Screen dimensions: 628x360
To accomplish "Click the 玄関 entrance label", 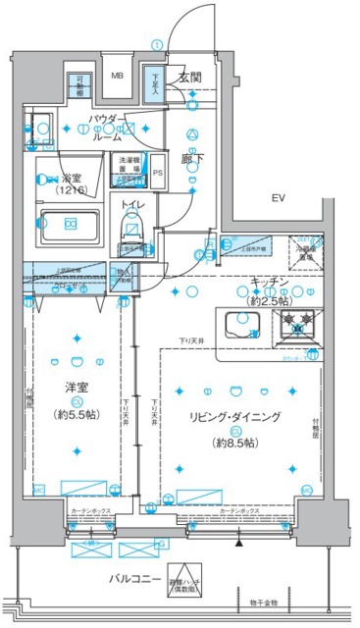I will click(189, 77).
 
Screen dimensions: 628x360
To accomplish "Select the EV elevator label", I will click(279, 199).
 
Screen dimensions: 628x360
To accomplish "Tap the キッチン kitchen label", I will click(268, 283).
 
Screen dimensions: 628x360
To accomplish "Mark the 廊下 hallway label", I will click(189, 156).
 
